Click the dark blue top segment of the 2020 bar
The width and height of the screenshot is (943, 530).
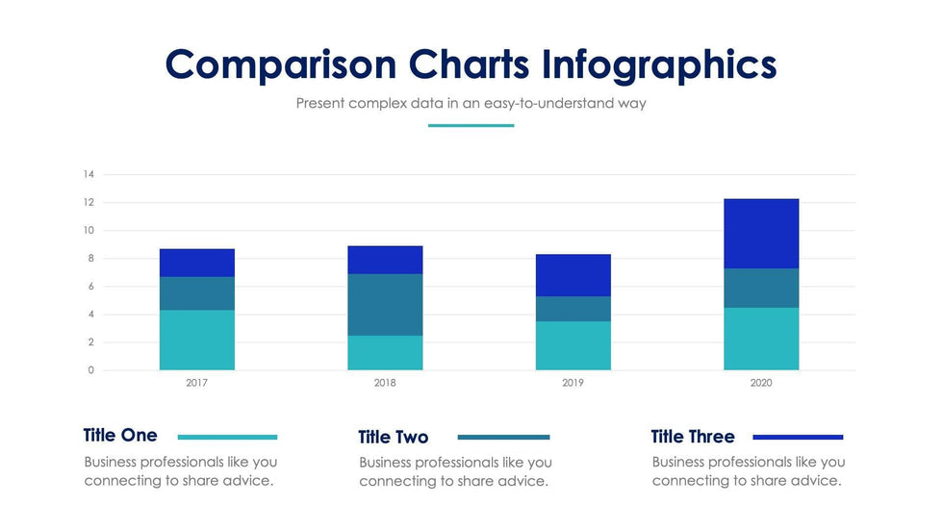[761, 234]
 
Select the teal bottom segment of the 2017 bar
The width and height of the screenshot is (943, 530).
[197, 340]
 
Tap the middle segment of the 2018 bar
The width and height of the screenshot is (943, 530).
[385, 304]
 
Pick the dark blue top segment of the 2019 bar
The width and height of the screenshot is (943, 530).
[573, 275]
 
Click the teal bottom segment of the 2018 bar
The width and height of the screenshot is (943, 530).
[385, 352]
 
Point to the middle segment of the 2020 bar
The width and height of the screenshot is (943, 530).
[761, 288]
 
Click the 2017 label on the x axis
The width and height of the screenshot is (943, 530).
[197, 383]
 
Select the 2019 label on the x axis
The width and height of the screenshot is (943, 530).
[573, 383]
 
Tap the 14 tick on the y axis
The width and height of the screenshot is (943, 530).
[89, 174]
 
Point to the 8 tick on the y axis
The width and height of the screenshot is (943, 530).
[90, 258]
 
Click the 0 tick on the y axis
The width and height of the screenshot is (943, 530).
[91, 370]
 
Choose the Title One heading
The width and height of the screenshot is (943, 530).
[120, 436]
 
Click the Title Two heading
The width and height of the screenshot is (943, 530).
[394, 438]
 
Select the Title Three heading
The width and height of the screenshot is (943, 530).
[693, 438]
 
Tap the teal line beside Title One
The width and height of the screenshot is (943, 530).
[227, 437]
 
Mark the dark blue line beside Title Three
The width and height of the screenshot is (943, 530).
[798, 437]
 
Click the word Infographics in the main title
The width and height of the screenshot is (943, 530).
[659, 64]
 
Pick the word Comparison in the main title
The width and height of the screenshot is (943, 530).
[281, 64]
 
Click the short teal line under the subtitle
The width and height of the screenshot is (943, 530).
[471, 125]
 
